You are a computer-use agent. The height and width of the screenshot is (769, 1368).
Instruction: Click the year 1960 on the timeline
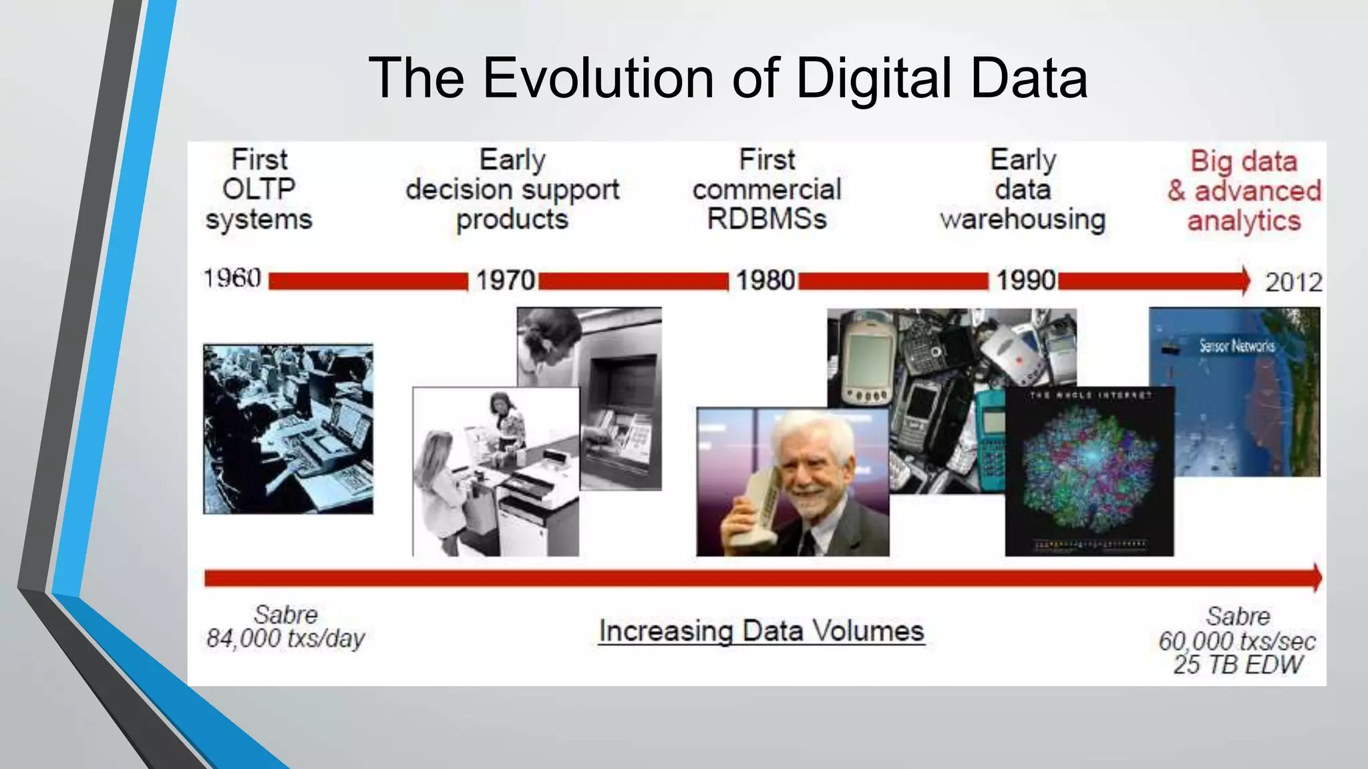click(x=232, y=278)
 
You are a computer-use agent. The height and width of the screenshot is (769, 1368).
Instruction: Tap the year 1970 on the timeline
click(x=506, y=280)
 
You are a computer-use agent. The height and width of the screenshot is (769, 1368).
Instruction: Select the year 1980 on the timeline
click(x=765, y=280)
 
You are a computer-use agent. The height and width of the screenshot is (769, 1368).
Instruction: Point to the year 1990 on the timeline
click(x=1026, y=280)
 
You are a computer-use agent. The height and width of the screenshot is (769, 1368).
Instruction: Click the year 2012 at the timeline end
click(x=1293, y=282)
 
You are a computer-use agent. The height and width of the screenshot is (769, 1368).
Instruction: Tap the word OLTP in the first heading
click(x=259, y=189)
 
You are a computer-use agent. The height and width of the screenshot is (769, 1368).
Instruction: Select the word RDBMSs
click(x=767, y=219)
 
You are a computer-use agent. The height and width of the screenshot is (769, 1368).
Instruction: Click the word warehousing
click(x=1023, y=220)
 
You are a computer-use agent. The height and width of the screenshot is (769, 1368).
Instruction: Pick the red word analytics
click(x=1244, y=221)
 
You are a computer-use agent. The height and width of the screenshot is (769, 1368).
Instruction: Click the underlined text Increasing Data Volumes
click(x=761, y=631)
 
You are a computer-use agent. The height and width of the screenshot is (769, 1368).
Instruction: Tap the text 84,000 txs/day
click(x=285, y=639)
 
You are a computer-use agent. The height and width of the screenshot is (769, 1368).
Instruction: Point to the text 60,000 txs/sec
click(x=1237, y=642)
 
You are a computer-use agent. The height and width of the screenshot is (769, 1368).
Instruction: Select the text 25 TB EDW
click(x=1238, y=665)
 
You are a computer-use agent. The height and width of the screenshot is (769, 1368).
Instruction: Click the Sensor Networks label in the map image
click(x=1236, y=346)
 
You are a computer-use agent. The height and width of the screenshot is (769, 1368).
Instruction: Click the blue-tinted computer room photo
click(x=288, y=429)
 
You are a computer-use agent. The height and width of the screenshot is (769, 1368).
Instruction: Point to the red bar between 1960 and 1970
click(x=368, y=281)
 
